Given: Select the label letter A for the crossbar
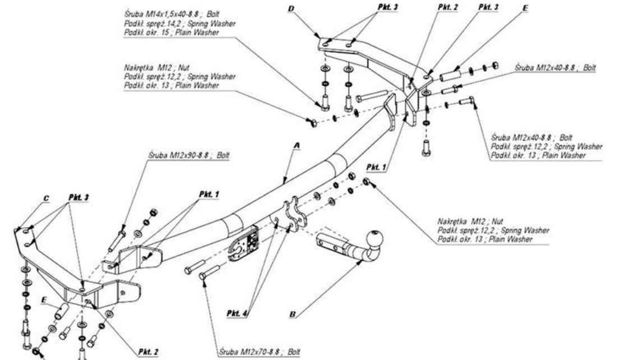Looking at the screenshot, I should click(x=298, y=145).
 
